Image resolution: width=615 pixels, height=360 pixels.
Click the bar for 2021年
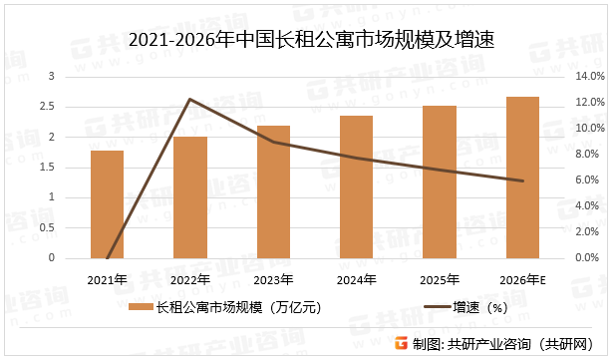point(107,204)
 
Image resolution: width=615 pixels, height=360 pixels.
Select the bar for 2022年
point(190,197)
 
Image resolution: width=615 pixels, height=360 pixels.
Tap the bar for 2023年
point(273,191)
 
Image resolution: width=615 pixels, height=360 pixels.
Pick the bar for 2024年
point(356,186)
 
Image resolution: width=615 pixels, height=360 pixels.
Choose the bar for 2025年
point(440,181)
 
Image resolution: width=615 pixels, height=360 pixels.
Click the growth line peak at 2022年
point(190,99)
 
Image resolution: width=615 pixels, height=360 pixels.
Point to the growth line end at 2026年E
point(522,180)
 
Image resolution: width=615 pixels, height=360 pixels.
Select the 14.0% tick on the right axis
point(591,76)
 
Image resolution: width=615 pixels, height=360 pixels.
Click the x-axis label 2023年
point(273,278)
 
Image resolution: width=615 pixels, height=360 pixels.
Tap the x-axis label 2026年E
point(522,278)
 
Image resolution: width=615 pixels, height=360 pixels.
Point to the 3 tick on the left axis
point(52,76)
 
